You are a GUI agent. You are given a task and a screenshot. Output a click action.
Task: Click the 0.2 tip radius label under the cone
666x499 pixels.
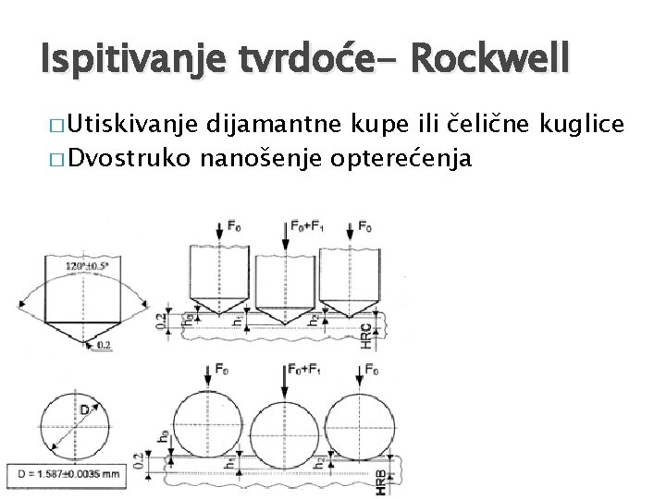(x=104, y=346)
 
